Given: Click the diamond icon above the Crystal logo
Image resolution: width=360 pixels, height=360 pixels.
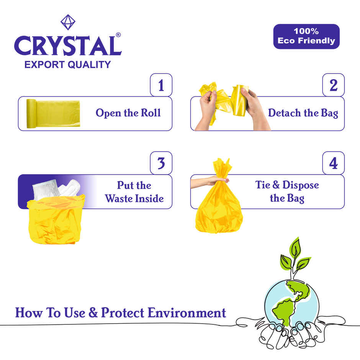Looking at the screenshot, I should point(67,23).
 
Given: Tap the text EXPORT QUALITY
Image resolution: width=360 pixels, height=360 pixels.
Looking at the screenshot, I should point(67,64).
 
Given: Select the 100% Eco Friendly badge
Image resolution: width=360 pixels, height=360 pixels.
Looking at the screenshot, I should point(306,36).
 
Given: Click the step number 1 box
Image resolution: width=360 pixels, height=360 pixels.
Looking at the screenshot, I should point(161,85).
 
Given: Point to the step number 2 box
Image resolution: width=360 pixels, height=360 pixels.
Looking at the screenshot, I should point(334,85).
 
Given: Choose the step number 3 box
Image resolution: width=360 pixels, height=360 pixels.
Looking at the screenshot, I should point(161,163).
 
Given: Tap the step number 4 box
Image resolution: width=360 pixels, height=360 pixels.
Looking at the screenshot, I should point(334,163).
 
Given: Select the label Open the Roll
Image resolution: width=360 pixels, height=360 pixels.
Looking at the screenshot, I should point(128,113).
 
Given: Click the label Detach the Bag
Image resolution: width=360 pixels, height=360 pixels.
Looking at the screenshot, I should point(303,113).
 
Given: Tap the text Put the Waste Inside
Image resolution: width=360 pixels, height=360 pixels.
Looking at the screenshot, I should point(134,191).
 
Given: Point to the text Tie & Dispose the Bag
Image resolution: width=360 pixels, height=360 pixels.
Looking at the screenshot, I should point(287,191).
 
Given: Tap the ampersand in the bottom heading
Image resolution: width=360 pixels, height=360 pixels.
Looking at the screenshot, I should point(93,313).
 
